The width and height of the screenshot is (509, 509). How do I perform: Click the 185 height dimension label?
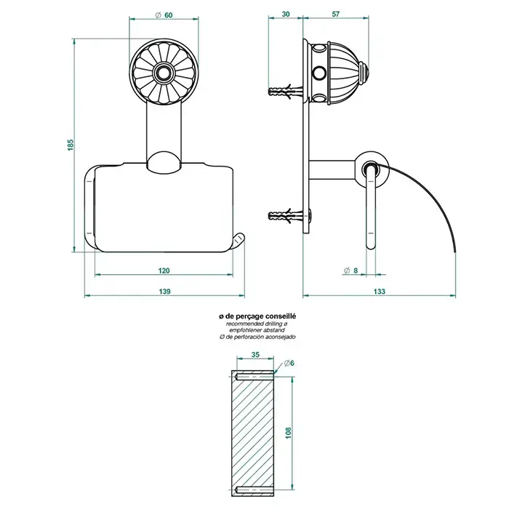pyautogui.click(x=71, y=145)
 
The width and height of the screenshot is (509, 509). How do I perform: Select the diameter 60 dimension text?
pyautogui.click(x=164, y=15)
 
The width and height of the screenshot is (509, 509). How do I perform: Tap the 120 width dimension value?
pyautogui.click(x=164, y=270)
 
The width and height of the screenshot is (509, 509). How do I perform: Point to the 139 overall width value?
pyautogui.click(x=164, y=291)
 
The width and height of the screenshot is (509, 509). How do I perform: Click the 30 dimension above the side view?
pyautogui.click(x=286, y=14)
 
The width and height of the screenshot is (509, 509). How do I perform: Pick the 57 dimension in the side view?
pyautogui.click(x=336, y=14)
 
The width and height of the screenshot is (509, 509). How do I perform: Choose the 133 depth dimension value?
pyautogui.click(x=379, y=291)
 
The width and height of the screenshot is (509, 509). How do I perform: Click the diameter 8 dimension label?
pyautogui.click(x=351, y=270)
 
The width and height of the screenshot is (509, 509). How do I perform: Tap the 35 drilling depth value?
pyautogui.click(x=255, y=355)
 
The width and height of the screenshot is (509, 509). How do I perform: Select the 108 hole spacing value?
pyautogui.click(x=289, y=433)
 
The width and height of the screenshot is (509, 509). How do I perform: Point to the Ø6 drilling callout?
pyautogui.click(x=289, y=364)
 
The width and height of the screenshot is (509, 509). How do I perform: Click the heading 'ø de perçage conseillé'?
pyautogui.click(x=257, y=316)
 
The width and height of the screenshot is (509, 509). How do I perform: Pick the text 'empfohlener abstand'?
pyautogui.click(x=257, y=330)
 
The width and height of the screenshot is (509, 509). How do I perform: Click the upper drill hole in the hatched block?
pyautogui.click(x=254, y=377)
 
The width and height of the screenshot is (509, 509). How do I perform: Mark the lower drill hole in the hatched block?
pyautogui.click(x=254, y=489)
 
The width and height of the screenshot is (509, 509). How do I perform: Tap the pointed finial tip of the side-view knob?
pyautogui.click(x=367, y=72)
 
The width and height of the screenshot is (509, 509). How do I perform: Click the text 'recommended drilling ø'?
pyautogui.click(x=257, y=324)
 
